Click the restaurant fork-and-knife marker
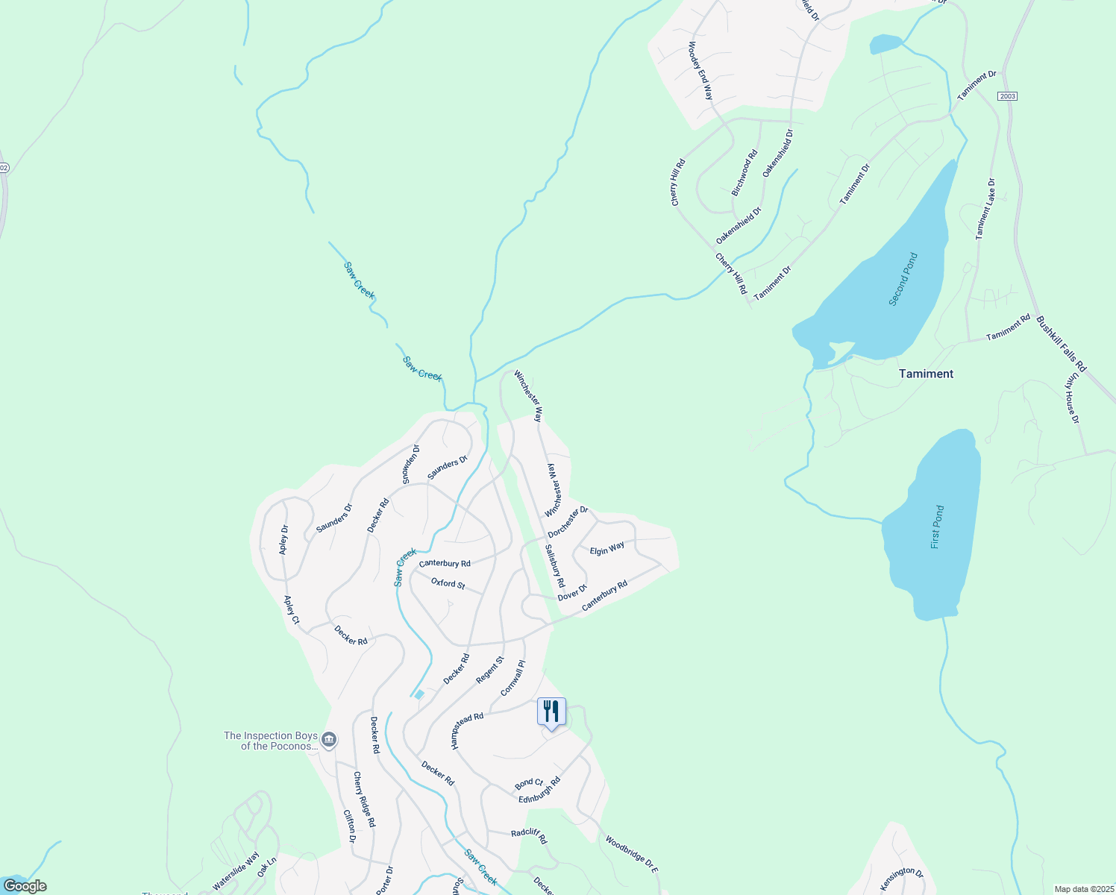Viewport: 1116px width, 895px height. tap(551, 712)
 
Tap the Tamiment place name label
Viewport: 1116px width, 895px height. tap(926, 374)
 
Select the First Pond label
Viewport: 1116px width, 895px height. tap(937, 527)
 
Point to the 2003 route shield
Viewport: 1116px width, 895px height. tap(1007, 96)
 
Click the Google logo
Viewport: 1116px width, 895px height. tap(25, 886)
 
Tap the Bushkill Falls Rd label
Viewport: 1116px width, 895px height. tap(1061, 344)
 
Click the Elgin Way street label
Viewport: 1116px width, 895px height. tap(607, 549)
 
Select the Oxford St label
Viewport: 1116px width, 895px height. tap(448, 582)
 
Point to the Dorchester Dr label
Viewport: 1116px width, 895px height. tap(568, 522)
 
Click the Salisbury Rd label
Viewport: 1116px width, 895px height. tap(554, 565)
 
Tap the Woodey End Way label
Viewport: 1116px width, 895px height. tap(700, 71)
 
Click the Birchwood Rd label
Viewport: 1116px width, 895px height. tap(744, 172)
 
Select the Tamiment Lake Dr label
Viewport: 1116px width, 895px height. tap(985, 208)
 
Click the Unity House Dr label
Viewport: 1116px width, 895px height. tap(1071, 398)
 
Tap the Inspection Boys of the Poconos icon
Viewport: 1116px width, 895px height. tap(329, 741)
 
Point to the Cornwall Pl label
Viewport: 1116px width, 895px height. tap(512, 678)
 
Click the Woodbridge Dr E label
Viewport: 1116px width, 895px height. tap(631, 855)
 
